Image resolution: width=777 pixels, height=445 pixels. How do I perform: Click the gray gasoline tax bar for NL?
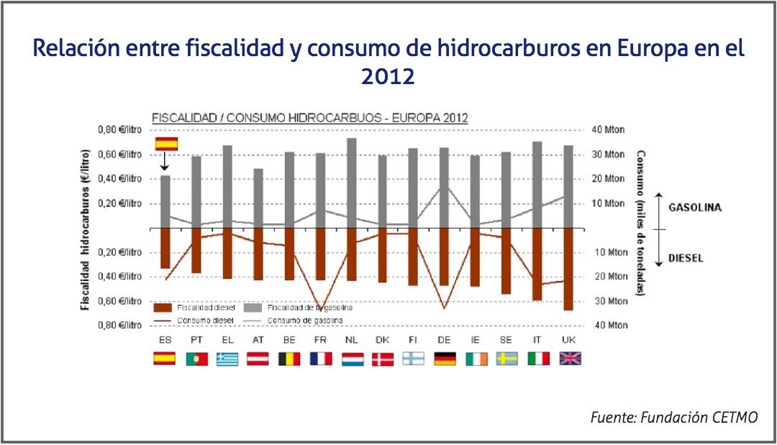[x=351, y=183]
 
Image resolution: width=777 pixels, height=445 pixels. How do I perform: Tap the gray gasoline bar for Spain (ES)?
[x=165, y=201]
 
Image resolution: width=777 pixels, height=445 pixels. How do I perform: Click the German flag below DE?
[x=445, y=358]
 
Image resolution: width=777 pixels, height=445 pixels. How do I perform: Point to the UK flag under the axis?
[x=570, y=358]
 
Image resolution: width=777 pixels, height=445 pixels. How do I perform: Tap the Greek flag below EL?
[x=227, y=358]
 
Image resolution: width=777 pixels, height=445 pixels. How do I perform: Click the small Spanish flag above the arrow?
[x=166, y=144]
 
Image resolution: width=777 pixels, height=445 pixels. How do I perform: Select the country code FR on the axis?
[x=320, y=339]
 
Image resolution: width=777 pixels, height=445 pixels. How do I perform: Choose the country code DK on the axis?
[x=382, y=339]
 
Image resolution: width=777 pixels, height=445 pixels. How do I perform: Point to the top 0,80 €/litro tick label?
[x=119, y=130]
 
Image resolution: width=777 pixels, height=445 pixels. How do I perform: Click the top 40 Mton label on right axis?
[x=608, y=130]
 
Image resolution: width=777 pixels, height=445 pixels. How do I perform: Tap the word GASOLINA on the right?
[x=695, y=208]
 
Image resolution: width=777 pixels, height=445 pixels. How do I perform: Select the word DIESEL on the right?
[x=686, y=258]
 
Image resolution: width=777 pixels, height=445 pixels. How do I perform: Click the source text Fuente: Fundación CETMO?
[x=673, y=417]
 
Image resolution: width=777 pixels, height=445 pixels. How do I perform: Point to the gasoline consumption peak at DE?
[x=445, y=187]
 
